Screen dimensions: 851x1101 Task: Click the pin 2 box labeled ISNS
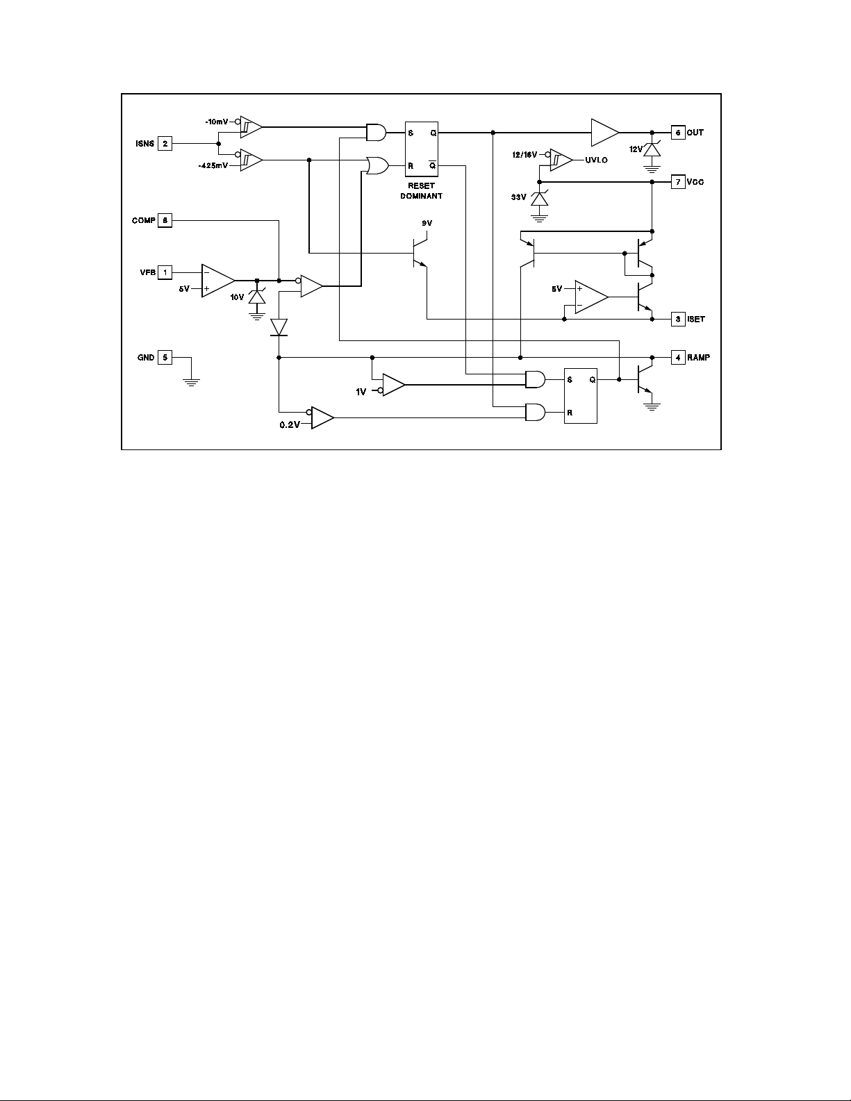point(165,143)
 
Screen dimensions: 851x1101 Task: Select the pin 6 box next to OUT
point(678,132)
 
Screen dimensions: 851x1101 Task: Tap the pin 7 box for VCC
point(678,182)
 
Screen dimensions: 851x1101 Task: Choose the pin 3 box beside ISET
point(678,320)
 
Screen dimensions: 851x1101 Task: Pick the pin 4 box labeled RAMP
point(678,357)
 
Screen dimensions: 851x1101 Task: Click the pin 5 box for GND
point(165,357)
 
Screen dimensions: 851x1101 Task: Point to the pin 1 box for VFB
point(165,272)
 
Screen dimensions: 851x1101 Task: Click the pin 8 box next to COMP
point(165,220)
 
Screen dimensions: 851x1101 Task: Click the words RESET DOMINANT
point(422,191)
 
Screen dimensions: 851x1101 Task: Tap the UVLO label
point(596,160)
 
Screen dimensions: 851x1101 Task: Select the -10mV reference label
point(217,122)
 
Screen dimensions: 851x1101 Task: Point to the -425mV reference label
point(213,166)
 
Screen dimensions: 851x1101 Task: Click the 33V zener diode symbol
point(539,199)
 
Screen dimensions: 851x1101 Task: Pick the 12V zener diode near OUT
point(652,149)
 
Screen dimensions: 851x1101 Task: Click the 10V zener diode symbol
point(257,297)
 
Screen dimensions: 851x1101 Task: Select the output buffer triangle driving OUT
point(605,132)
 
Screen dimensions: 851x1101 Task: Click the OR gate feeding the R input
point(377,166)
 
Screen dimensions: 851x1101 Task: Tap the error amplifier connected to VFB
point(218,280)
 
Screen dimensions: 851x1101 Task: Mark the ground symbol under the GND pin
point(191,382)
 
